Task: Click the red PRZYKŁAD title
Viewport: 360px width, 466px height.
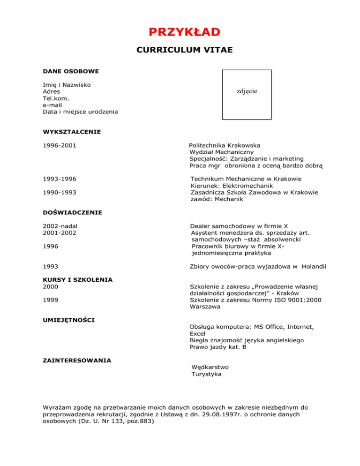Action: click(x=184, y=32)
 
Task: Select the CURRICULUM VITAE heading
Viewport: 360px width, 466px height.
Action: click(x=184, y=50)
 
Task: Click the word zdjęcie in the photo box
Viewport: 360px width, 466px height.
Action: click(x=246, y=91)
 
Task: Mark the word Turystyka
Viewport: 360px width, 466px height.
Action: click(x=207, y=374)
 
